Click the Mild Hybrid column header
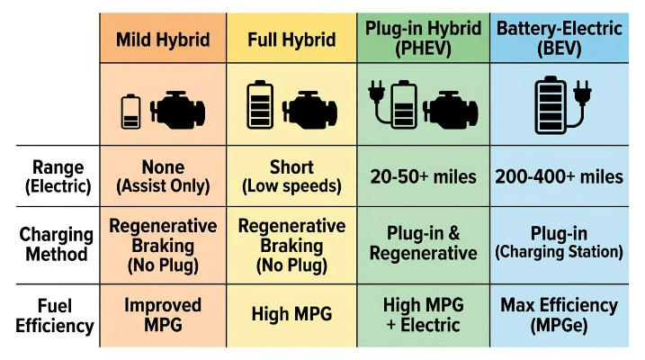pos(163,40)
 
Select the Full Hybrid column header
pos(291,40)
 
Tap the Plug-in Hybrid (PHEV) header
pos(424,39)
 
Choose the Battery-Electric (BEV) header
pos(560,39)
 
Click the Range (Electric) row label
pos(58,176)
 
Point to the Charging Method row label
pos(57,244)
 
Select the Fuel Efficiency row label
pos(55,316)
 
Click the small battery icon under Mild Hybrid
pos(130,112)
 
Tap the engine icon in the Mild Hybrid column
pos(178,110)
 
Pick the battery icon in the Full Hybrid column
pos(260,104)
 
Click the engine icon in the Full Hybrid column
pos(309,110)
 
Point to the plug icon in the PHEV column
pos(380,102)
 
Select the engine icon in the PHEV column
pos(451,109)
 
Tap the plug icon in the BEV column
pos(581,103)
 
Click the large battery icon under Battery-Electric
pos(551,105)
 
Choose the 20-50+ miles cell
pos(424,177)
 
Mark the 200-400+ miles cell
pos(559,177)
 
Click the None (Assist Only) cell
pos(163,176)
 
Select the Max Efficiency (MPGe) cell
pos(559,316)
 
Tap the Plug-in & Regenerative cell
pos(424,244)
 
